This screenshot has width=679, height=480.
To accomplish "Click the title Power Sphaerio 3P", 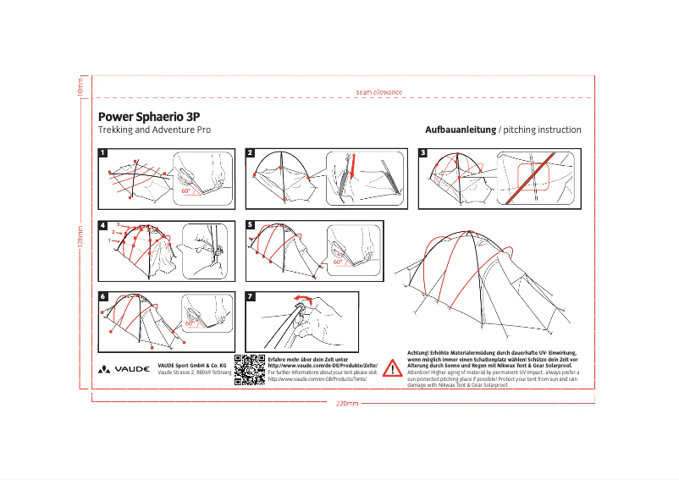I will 149,116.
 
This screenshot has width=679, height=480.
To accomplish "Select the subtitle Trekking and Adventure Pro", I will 154,130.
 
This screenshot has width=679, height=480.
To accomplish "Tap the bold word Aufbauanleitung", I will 460,130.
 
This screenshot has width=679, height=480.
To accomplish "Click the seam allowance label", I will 378,91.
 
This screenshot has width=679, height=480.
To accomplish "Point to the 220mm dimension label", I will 347,404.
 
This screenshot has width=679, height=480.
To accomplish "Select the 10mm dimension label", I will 80,86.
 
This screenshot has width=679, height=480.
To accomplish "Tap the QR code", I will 249,370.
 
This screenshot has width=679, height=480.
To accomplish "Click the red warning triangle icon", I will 393,368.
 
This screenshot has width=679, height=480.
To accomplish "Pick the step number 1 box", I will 103,153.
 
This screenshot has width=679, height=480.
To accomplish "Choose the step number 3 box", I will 423,153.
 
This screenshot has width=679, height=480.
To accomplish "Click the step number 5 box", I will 250,225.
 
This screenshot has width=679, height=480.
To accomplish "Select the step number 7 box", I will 250,296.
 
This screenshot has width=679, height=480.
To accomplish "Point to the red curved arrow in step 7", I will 302,299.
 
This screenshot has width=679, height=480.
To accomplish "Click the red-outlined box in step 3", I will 535,177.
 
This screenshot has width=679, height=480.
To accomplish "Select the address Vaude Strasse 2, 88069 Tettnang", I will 194,372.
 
